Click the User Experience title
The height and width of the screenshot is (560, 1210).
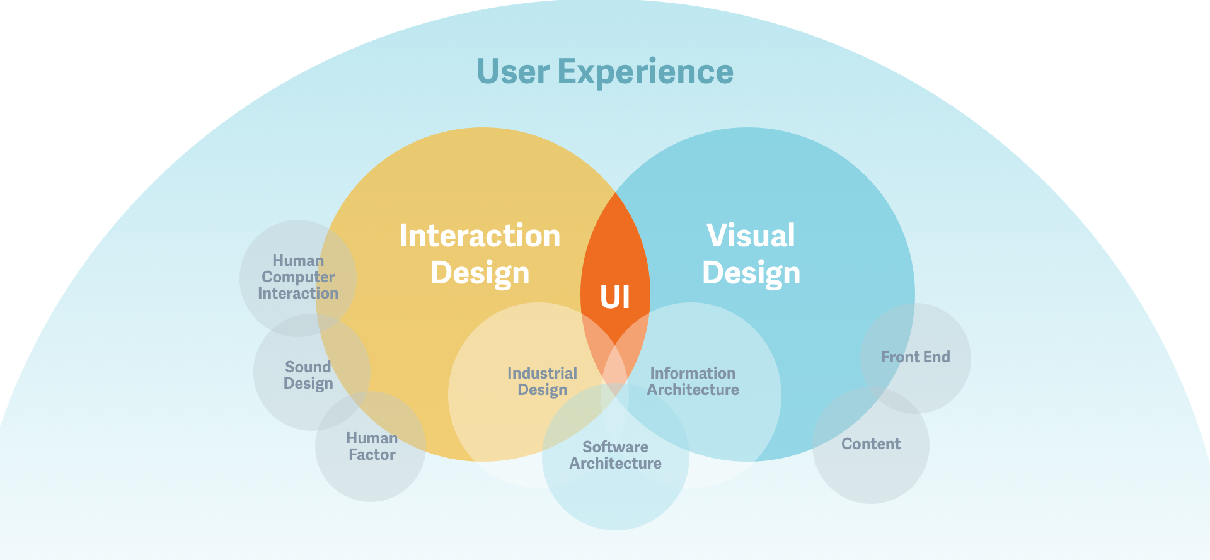click(605, 72)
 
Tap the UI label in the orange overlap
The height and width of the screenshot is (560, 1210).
click(615, 297)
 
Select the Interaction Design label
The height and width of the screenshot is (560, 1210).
click(480, 254)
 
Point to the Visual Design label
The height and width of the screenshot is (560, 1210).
click(751, 254)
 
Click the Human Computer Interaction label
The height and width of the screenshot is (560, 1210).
click(298, 277)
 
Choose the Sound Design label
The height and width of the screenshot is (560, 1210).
click(308, 375)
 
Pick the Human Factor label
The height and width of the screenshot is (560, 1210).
click(372, 447)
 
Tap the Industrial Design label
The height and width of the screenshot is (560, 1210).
click(543, 382)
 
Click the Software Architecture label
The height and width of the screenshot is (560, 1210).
click(616, 455)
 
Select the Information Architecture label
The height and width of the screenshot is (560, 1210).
click(693, 382)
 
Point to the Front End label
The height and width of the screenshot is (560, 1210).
click(916, 357)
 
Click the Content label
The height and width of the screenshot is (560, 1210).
click(871, 444)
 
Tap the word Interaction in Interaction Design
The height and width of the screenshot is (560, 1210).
click(480, 236)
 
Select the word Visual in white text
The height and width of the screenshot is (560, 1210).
click(751, 236)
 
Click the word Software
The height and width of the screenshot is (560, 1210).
click(616, 447)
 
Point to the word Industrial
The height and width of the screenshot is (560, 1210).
click(543, 374)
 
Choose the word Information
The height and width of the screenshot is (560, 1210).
click(693, 374)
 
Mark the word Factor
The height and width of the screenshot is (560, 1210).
click(372, 455)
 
